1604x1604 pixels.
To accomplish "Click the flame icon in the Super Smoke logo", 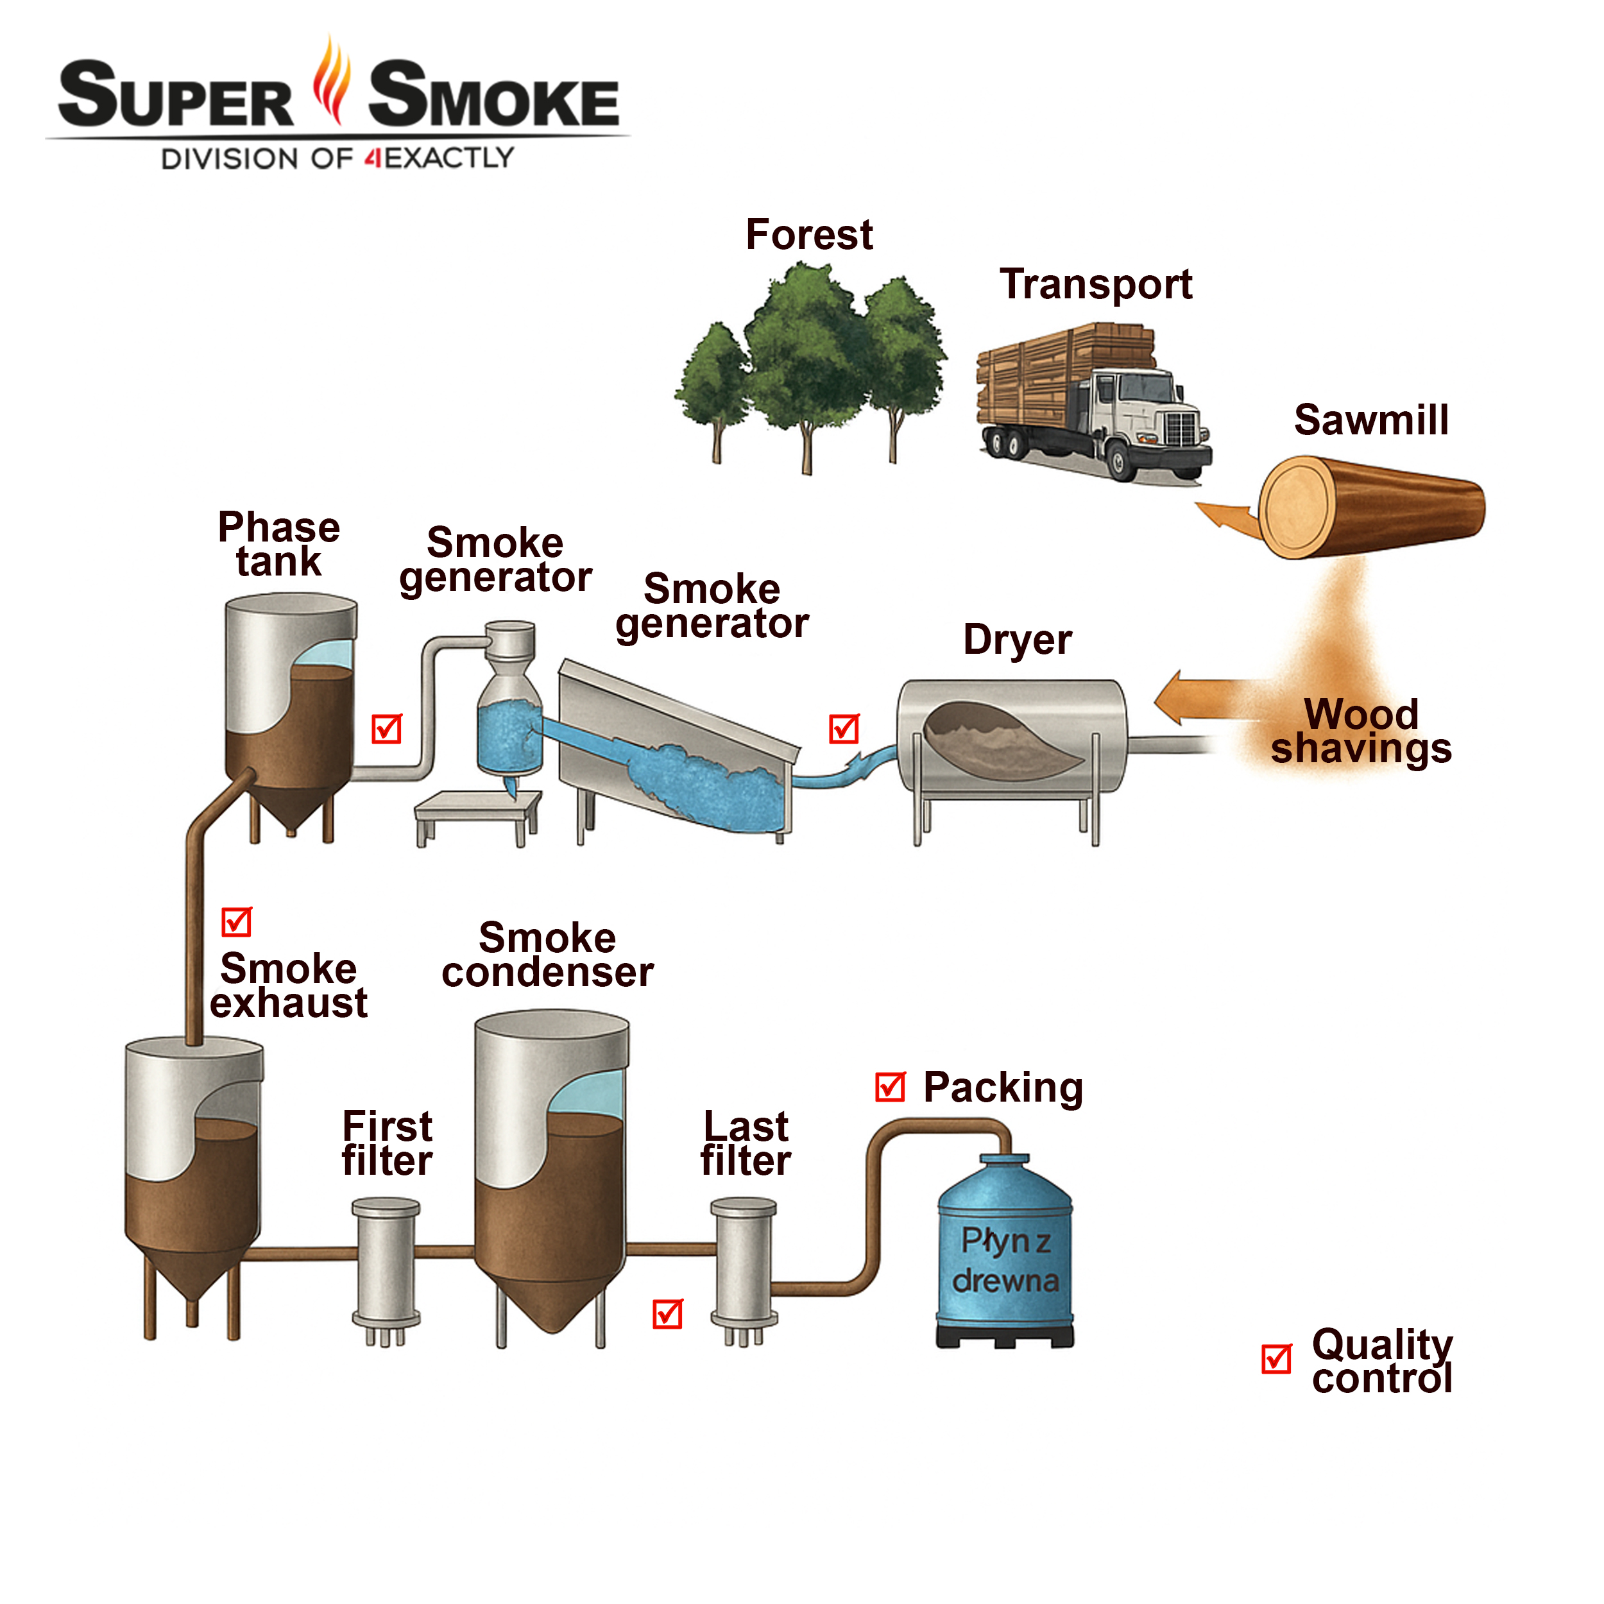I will [332, 81].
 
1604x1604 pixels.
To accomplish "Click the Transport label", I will [1095, 285].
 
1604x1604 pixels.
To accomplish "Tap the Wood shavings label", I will [1361, 731].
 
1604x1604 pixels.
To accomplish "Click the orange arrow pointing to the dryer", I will [1204, 697].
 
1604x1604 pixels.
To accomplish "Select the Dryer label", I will [1017, 640].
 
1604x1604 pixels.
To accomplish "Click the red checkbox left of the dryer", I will [844, 729].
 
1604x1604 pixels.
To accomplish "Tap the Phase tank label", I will [279, 545].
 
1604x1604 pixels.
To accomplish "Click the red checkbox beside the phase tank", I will [387, 729].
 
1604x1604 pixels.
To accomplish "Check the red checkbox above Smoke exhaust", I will [237, 921].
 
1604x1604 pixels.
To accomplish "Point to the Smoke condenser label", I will [547, 955].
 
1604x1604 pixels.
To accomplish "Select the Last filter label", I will [746, 1144].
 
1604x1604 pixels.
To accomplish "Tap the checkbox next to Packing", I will [890, 1087].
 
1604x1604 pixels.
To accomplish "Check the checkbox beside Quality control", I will [1276, 1359].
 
